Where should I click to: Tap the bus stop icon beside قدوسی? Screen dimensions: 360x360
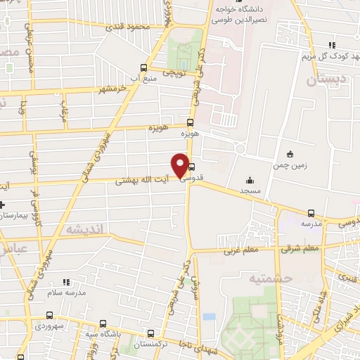tap(192, 167)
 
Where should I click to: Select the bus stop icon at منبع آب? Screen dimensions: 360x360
tap(144, 67)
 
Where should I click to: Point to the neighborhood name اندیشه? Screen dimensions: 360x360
tap(84, 229)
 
